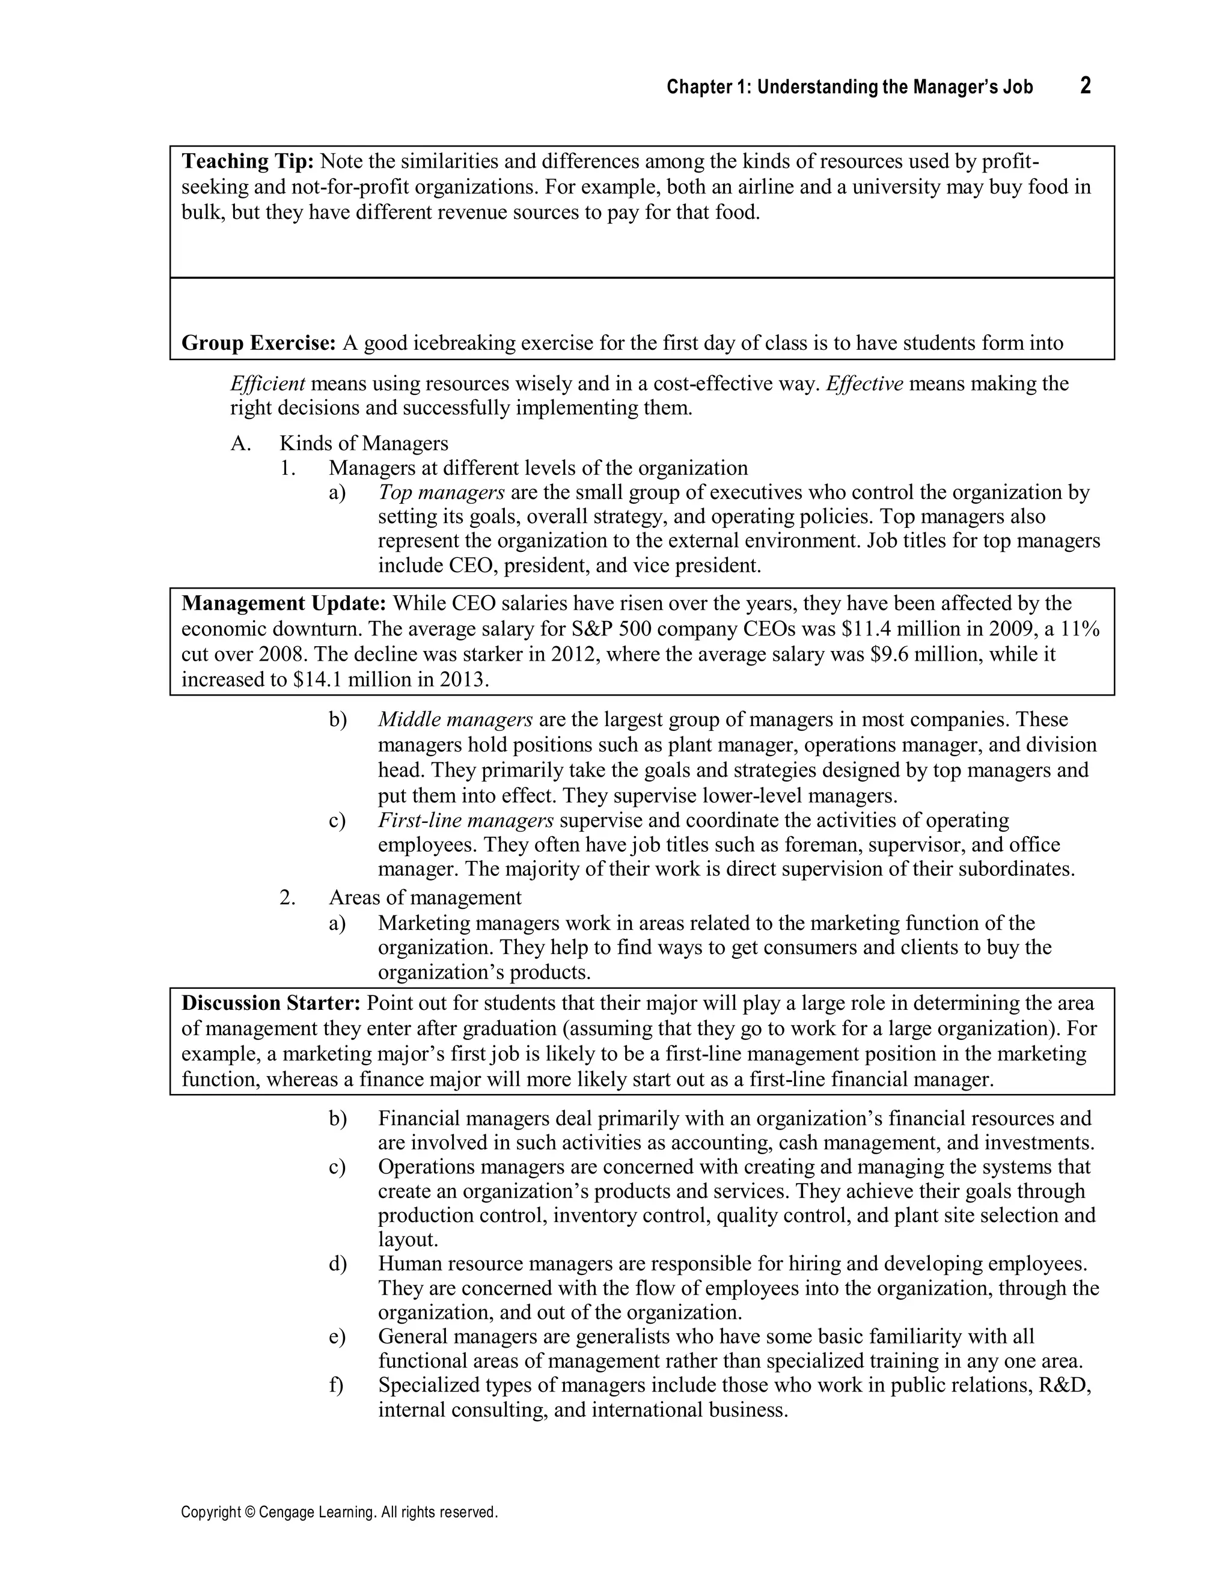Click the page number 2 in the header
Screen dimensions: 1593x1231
pyautogui.click(x=1085, y=86)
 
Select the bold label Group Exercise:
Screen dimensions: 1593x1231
pyautogui.click(x=258, y=343)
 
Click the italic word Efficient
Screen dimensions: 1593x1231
pyautogui.click(x=267, y=384)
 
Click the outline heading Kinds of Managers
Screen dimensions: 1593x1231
pyautogui.click(x=364, y=444)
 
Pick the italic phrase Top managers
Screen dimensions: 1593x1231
pyautogui.click(x=441, y=492)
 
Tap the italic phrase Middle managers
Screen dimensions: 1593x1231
pyautogui.click(x=455, y=720)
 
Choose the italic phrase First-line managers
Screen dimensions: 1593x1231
pyautogui.click(x=465, y=821)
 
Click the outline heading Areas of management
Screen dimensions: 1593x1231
pyautogui.click(x=425, y=897)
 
